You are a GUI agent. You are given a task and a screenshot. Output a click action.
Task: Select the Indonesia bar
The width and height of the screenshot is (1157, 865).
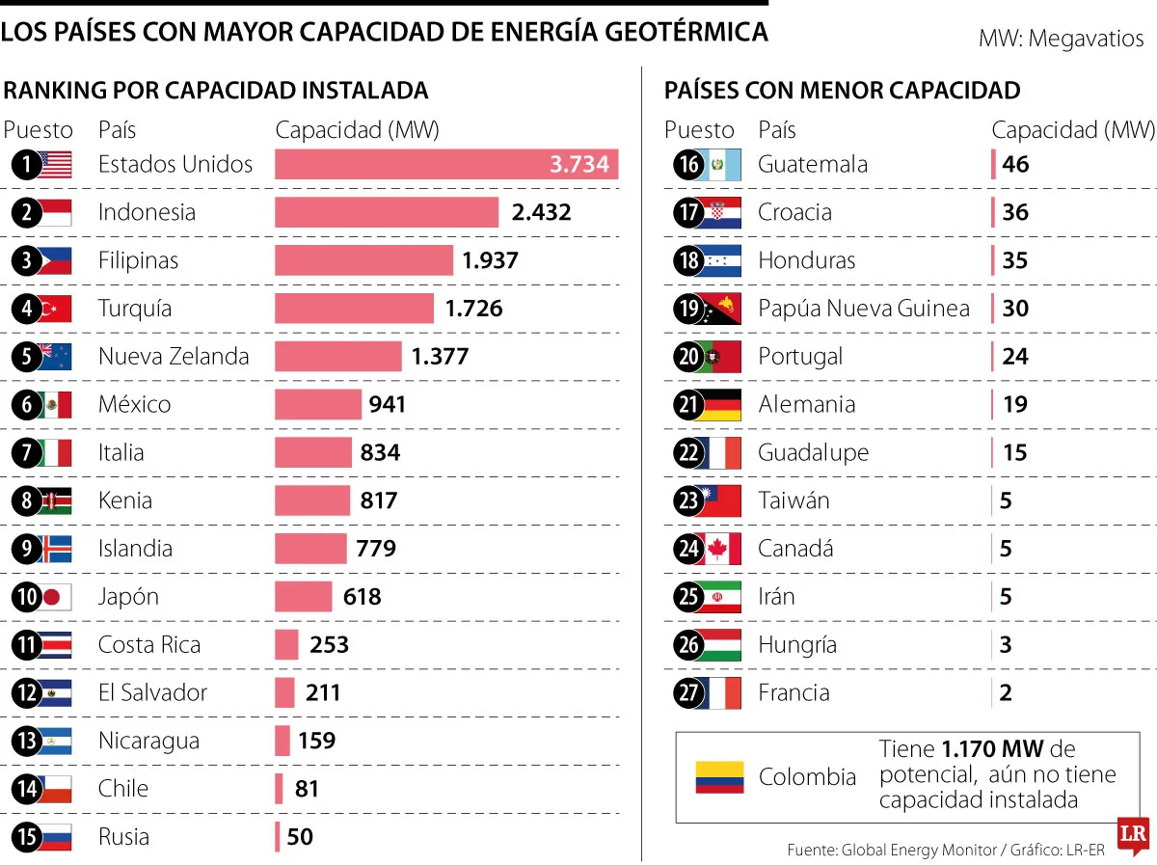[x=387, y=212]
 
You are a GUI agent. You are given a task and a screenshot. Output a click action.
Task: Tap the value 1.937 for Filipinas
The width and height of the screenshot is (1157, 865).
[x=490, y=260]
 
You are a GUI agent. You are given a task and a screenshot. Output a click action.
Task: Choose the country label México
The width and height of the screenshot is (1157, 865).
[x=135, y=404]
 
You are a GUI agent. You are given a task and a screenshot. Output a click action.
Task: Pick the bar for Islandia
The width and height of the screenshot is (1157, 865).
[x=310, y=549]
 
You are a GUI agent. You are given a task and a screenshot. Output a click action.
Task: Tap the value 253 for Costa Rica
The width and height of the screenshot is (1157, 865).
[x=329, y=644]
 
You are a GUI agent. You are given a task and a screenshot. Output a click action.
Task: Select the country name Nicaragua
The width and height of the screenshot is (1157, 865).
[x=148, y=741]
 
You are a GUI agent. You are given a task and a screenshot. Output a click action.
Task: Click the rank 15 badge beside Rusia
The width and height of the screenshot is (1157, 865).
[x=27, y=837]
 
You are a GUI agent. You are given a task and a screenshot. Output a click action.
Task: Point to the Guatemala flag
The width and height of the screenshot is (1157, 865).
[x=722, y=165]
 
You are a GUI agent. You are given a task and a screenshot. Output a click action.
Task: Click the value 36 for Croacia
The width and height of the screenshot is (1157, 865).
[x=1015, y=212]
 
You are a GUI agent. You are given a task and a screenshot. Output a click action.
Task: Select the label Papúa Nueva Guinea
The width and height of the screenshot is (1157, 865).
[x=863, y=309]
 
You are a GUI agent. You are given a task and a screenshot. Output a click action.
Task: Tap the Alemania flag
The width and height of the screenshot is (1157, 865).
[x=722, y=405]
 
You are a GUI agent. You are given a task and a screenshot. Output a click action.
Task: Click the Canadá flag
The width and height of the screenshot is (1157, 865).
[x=722, y=549]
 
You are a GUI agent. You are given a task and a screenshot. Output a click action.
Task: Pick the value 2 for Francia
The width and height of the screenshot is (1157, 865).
[x=1006, y=692]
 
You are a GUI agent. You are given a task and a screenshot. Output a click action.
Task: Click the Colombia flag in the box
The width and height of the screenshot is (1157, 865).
[x=719, y=777]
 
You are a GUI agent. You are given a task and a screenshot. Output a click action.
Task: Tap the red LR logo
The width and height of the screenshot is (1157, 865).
[x=1133, y=835]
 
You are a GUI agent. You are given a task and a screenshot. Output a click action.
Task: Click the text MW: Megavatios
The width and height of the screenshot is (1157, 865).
[x=1061, y=40]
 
